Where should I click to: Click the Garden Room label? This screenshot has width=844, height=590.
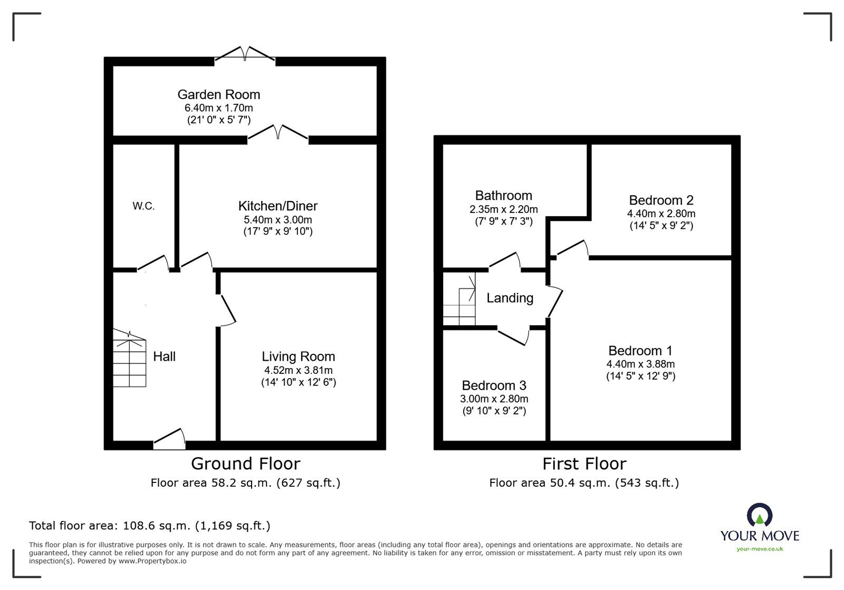218,94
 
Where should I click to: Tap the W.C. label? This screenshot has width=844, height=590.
143,206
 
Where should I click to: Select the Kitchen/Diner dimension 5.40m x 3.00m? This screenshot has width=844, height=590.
277,219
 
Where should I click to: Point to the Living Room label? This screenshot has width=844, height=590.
299,356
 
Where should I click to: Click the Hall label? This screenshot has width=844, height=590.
164,356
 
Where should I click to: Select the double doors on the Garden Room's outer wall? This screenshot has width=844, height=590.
245,53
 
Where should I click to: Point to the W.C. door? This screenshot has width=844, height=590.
152,263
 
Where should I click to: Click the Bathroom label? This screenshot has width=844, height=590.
503,196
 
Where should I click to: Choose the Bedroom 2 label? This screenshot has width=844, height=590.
661,200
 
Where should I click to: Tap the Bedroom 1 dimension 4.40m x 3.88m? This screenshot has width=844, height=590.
640,364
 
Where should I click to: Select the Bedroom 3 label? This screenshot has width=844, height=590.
494,385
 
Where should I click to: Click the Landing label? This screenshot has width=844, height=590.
510,298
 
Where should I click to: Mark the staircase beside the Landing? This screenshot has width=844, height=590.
459,299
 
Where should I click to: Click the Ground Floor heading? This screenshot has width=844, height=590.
246,463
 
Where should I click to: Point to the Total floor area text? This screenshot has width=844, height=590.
150,526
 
